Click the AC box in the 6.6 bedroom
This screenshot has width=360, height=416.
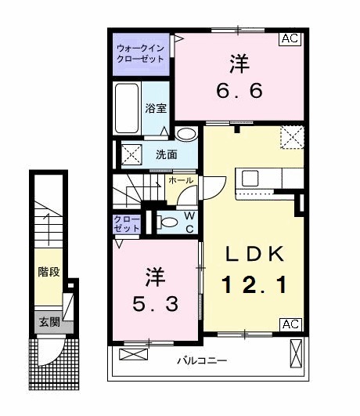pos(290,38)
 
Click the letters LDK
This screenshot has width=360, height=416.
pos(250,254)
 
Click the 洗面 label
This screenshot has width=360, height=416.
pos(164,154)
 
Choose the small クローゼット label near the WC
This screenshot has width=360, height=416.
pos(127,223)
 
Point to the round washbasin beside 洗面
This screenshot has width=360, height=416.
pos(185,134)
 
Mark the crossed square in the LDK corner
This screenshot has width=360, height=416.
pos(293,138)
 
